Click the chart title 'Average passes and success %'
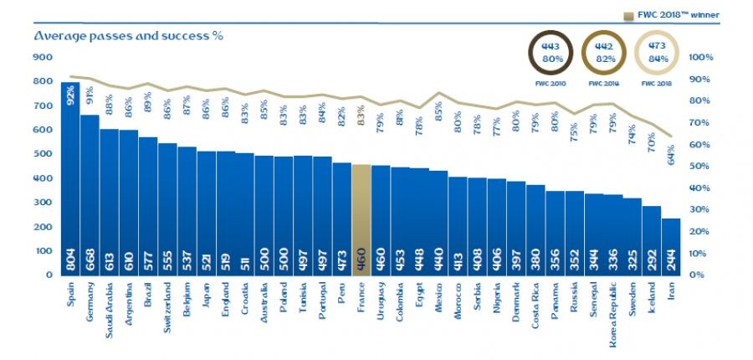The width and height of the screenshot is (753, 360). (128, 36)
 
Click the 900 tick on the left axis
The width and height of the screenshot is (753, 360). (43, 58)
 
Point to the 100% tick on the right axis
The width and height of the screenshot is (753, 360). (700, 58)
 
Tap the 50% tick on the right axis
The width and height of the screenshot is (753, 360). (699, 167)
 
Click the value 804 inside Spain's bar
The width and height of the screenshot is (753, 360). (70, 261)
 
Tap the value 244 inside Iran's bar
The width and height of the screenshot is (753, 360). (670, 262)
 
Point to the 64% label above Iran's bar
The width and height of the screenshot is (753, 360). (670, 156)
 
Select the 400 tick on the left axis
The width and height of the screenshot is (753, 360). (43, 179)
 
